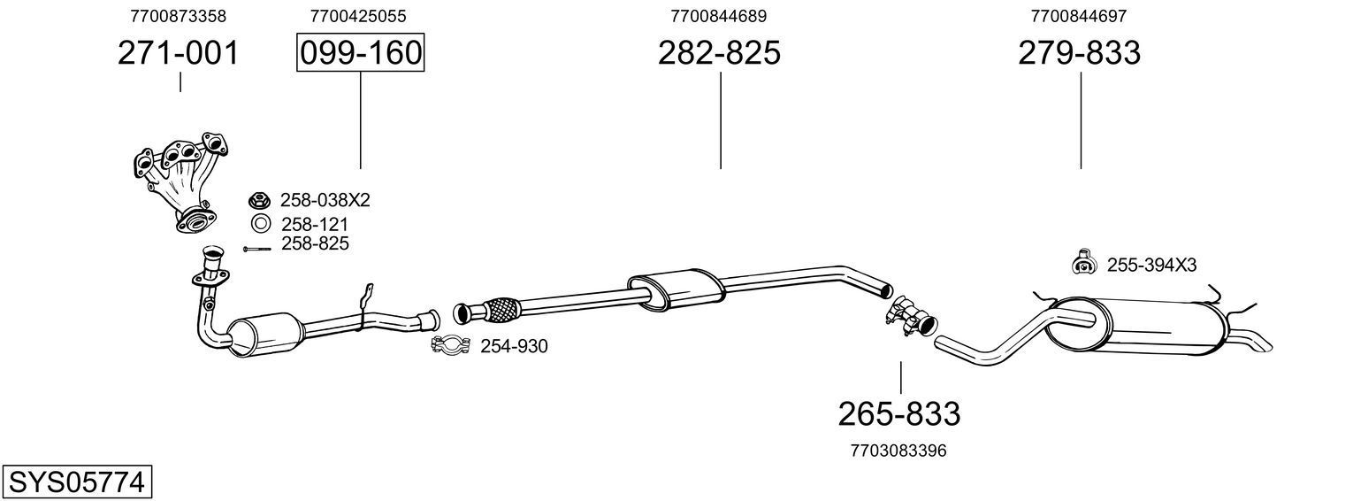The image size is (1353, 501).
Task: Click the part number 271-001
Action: [179, 54]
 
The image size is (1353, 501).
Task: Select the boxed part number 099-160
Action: [360, 54]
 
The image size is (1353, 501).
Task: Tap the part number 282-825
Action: [719, 54]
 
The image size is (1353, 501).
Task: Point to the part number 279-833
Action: [1079, 54]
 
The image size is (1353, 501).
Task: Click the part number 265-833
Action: [898, 413]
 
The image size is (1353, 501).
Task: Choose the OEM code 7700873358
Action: [178, 16]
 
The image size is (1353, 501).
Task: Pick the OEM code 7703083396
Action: [898, 451]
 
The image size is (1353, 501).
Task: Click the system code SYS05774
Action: [76, 482]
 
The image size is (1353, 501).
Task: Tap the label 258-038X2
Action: [325, 200]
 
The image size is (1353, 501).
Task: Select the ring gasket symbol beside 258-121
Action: [261, 223]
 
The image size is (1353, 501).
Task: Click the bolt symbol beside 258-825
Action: [256, 249]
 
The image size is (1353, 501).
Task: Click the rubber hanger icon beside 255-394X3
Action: [1082, 262]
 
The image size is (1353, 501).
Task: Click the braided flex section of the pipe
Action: [502, 309]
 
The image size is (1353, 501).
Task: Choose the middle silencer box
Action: [675, 289]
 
